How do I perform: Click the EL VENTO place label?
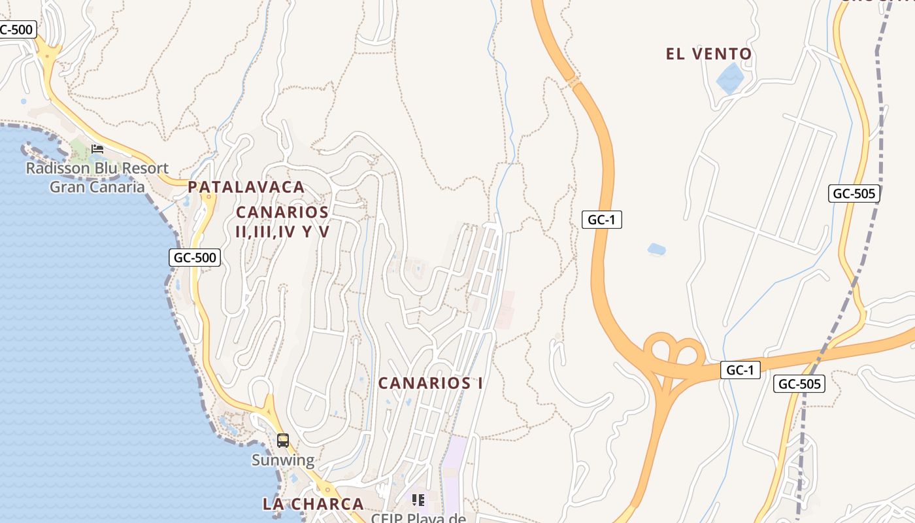tap(708, 54)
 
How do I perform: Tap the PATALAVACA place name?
tap(246, 187)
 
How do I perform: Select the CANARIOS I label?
tap(431, 383)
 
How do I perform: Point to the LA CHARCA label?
tap(313, 504)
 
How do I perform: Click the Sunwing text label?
tap(283, 460)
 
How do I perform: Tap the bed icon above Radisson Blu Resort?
tap(97, 149)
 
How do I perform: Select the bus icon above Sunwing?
tap(283, 441)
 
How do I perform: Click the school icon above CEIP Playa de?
tap(418, 500)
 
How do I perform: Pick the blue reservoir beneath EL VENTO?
tap(730, 78)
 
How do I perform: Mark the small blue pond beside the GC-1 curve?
tap(656, 249)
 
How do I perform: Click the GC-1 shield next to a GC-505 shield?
tap(740, 370)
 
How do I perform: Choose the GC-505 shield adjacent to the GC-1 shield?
tap(799, 384)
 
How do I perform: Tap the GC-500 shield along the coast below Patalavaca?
tap(195, 258)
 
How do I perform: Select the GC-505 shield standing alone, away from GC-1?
tap(854, 194)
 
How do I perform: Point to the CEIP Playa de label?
tap(418, 518)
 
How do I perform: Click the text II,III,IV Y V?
tap(282, 231)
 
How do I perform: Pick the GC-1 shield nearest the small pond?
tap(601, 220)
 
